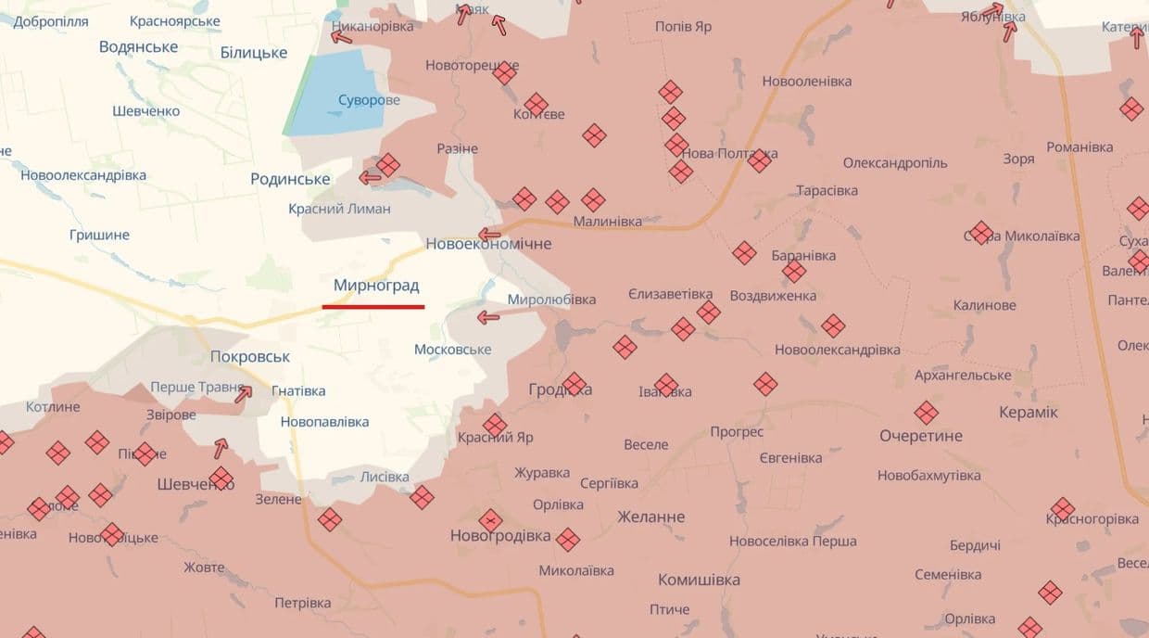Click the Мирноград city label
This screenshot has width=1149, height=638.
(376, 286)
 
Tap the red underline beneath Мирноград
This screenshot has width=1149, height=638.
(373, 306)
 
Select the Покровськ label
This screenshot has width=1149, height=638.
(250, 357)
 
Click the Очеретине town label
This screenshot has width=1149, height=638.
(921, 436)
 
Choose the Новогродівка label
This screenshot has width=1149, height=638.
(500, 536)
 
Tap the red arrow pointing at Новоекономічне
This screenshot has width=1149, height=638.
(489, 235)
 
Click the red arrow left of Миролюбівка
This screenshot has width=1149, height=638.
(488, 318)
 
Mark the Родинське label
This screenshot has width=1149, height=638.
(290, 179)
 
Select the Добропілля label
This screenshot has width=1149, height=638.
(52, 20)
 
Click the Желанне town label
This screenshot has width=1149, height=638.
(650, 517)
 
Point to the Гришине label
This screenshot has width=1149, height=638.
(99, 235)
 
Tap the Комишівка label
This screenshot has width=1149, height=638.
(699, 581)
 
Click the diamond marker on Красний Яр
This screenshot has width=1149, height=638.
(495, 425)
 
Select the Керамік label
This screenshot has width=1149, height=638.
(1029, 413)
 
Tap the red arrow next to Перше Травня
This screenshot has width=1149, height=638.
(243, 394)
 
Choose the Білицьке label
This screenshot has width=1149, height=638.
(254, 53)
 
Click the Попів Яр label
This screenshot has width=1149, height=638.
(683, 27)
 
